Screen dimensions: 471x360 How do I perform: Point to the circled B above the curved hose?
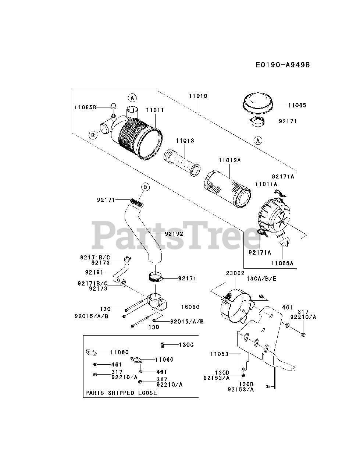(x=146, y=187)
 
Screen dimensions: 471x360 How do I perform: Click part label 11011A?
(x=266, y=184)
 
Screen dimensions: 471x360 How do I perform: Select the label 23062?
(x=235, y=273)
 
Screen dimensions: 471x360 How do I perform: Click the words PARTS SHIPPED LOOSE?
(x=121, y=393)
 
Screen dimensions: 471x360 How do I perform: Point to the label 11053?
(x=219, y=354)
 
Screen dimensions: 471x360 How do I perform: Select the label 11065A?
(x=282, y=263)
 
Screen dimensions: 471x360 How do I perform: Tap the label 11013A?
(x=230, y=160)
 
